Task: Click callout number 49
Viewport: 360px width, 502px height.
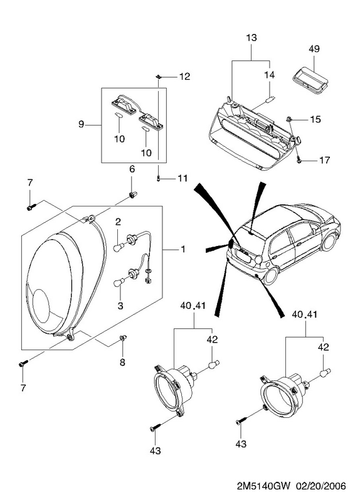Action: [314, 49]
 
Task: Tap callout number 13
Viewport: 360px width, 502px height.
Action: [251, 38]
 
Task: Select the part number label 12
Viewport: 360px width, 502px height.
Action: [184, 76]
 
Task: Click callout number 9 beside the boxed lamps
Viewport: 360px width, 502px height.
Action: [81, 124]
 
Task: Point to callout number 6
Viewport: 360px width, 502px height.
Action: [132, 169]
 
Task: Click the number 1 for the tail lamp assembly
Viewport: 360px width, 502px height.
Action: [183, 248]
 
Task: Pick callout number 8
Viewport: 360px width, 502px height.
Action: [122, 362]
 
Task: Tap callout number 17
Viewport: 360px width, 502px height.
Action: [324, 160]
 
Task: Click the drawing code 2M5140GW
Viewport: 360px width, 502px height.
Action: [263, 486]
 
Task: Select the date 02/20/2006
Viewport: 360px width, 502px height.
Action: [321, 486]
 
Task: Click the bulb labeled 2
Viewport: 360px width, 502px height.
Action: [119, 247]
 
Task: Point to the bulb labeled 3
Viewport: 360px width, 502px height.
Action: [119, 284]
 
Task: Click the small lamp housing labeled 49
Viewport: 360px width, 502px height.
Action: [309, 82]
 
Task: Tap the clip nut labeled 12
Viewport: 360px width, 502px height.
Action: [158, 77]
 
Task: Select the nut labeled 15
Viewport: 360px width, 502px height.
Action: [289, 119]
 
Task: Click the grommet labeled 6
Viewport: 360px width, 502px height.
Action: [132, 194]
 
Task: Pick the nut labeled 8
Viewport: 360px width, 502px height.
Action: [123, 338]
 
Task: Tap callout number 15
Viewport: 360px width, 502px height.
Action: [315, 119]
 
